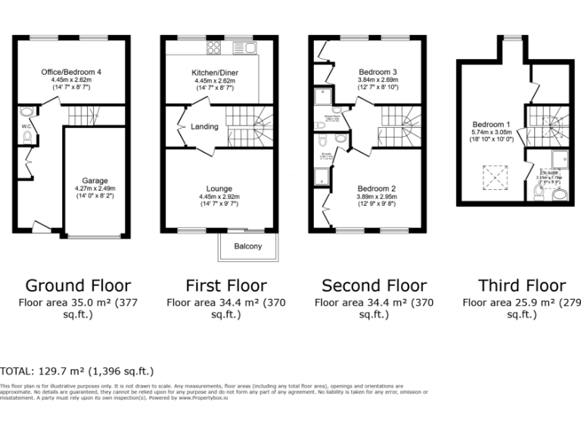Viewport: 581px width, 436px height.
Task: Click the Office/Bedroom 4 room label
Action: tap(71, 72)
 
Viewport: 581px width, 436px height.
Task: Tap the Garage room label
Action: tap(95, 180)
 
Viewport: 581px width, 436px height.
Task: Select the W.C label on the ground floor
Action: tap(26, 126)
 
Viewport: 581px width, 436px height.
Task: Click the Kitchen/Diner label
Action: tap(216, 73)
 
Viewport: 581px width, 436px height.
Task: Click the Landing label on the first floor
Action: tap(204, 126)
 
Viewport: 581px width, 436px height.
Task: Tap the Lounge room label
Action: tap(219, 188)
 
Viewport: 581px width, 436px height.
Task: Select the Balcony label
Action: tap(248, 247)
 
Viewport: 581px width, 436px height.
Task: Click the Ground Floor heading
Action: tap(78, 285)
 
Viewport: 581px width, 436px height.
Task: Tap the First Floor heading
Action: tap(226, 285)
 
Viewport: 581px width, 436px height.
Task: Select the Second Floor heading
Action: tap(374, 285)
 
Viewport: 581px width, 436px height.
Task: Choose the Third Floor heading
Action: tap(521, 285)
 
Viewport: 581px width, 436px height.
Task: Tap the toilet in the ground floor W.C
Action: tap(28, 137)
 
